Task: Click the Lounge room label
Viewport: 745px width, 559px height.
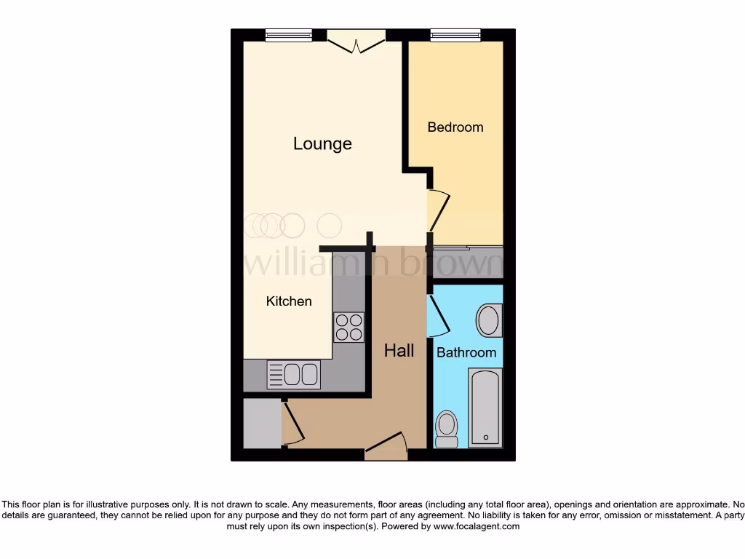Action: (x=322, y=143)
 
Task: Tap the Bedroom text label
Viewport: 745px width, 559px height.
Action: (x=455, y=127)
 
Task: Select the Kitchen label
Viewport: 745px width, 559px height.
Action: (x=289, y=301)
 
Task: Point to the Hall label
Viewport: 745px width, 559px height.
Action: (x=399, y=351)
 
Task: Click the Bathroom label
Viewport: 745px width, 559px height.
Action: (x=466, y=352)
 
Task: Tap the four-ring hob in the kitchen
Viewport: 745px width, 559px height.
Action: (x=348, y=327)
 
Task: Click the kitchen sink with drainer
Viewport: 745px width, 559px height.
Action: (x=293, y=374)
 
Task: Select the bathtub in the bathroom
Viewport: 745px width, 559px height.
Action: (x=485, y=407)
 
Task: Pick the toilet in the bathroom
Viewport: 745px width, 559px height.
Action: (x=446, y=429)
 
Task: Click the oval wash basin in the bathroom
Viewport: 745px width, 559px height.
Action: (x=489, y=320)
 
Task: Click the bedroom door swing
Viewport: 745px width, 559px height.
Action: (x=439, y=210)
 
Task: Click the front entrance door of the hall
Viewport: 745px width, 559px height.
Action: (x=386, y=445)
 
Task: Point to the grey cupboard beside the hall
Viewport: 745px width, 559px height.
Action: (x=261, y=424)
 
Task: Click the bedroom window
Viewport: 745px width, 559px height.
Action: (x=455, y=35)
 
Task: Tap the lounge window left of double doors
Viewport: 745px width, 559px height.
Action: (x=288, y=35)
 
